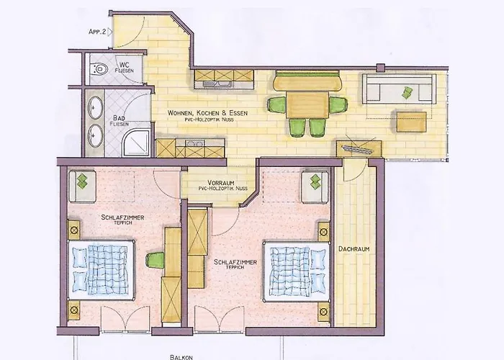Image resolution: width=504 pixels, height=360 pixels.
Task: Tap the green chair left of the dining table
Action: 278,104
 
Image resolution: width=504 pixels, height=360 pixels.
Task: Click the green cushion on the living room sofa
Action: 408,91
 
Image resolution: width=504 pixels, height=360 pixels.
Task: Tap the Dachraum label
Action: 354,248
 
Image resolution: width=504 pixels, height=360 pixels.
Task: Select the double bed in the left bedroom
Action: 101,265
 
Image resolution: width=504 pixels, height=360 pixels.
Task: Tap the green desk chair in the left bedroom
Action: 155,260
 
